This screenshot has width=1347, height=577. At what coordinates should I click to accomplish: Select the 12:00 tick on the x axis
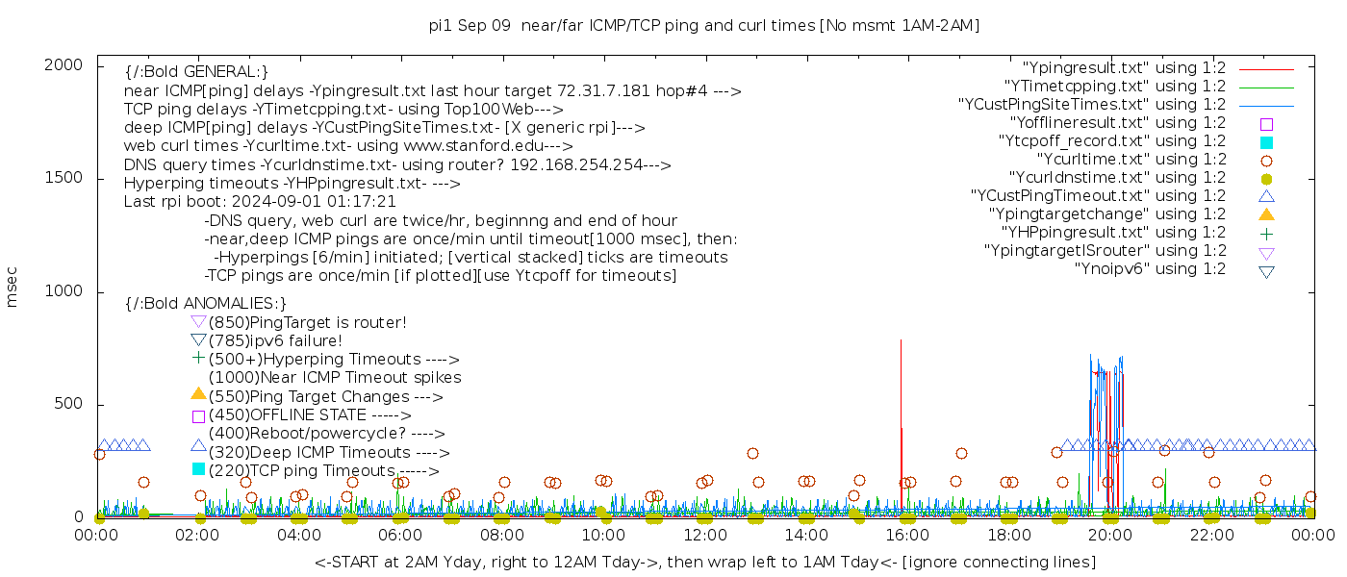[705, 536]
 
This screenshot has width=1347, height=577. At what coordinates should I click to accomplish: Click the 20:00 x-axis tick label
[1110, 536]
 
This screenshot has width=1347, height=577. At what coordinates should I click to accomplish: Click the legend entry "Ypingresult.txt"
[1124, 68]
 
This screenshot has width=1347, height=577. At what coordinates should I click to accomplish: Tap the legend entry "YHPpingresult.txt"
[1113, 233]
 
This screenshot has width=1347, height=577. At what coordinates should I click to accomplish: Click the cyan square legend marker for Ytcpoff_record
[1266, 142]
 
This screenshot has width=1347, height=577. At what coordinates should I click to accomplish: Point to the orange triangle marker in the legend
[1266, 214]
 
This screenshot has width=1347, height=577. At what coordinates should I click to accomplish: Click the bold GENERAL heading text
[196, 72]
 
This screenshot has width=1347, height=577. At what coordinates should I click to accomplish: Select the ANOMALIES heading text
[206, 304]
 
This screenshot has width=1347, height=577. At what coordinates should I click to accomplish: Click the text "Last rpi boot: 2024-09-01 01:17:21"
[260, 202]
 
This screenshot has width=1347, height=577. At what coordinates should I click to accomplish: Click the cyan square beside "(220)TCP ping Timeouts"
[198, 469]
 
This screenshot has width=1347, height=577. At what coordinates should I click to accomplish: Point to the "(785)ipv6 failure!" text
[275, 341]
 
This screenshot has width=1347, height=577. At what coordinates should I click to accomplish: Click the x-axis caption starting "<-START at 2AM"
[704, 562]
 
